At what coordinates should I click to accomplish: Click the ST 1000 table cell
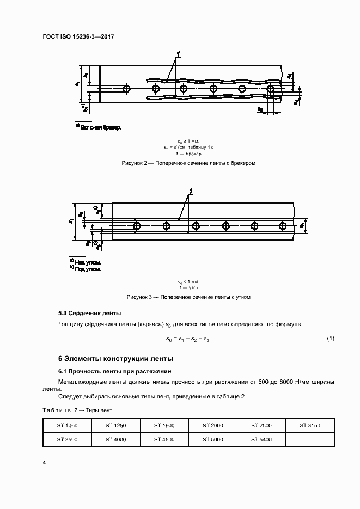point(67,425)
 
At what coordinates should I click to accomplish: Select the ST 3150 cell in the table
point(310,425)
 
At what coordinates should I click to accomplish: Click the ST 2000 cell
point(213,425)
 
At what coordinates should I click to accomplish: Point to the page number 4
point(44,462)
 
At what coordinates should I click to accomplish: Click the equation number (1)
point(330,339)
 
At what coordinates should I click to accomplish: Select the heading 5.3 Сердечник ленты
point(89,314)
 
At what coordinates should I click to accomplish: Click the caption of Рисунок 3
point(188,297)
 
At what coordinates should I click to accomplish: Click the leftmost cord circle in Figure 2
point(127,88)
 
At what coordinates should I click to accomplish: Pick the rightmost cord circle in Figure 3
point(282,225)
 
